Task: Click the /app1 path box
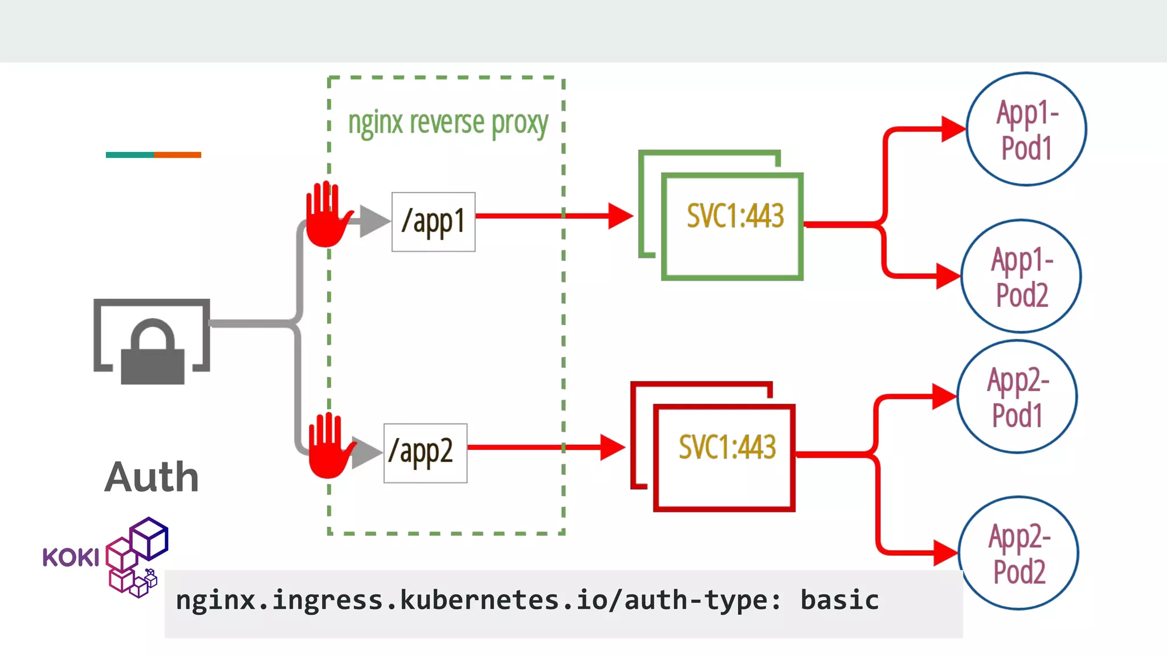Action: pos(433,222)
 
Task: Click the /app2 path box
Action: pos(425,453)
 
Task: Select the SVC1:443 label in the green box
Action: pos(735,216)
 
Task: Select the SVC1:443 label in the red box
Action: pos(727,447)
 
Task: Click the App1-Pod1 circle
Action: pos(1026,129)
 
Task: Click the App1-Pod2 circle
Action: pos(1021,276)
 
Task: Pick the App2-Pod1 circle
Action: pos(1017,397)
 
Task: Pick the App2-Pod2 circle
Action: pos(1018,553)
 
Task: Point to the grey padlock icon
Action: pos(152,353)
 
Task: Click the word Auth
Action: pos(152,477)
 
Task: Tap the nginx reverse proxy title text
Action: pos(448,123)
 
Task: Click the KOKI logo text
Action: pos(71,557)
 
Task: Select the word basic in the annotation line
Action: pos(839,600)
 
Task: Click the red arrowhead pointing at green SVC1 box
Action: pos(620,216)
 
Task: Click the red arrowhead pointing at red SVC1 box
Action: pos(612,447)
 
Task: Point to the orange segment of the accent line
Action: pos(177,155)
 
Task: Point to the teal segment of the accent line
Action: pos(129,155)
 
